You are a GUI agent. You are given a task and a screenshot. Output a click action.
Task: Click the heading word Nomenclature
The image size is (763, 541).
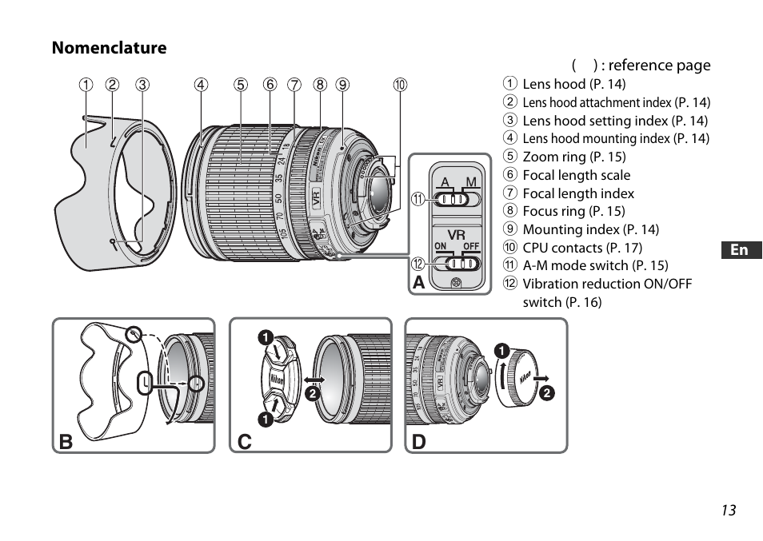click(110, 48)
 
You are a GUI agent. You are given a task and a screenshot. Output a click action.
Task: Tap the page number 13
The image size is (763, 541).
click(727, 511)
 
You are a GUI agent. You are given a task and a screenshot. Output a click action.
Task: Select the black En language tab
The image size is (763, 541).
click(740, 250)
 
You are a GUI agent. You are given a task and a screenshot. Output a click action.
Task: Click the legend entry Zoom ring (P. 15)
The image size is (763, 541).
click(574, 157)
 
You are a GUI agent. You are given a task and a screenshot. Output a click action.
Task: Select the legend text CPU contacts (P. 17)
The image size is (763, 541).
click(582, 248)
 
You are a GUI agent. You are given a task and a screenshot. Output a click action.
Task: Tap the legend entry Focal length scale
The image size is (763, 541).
click(576, 175)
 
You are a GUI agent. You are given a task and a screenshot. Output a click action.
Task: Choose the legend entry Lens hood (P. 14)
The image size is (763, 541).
click(574, 84)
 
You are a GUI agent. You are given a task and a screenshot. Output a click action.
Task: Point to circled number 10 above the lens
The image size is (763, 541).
click(400, 84)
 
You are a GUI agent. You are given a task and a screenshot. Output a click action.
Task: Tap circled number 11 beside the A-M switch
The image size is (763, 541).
click(417, 200)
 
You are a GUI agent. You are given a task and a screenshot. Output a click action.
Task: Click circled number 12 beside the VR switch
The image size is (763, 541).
click(417, 264)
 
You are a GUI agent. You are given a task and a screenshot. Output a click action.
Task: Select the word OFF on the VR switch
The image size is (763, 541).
click(471, 246)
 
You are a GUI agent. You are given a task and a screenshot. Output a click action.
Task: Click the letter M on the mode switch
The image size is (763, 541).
click(471, 182)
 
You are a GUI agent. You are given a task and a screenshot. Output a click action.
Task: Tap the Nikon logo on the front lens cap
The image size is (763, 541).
click(276, 379)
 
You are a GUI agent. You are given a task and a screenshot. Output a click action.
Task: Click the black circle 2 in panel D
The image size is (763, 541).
click(546, 392)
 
